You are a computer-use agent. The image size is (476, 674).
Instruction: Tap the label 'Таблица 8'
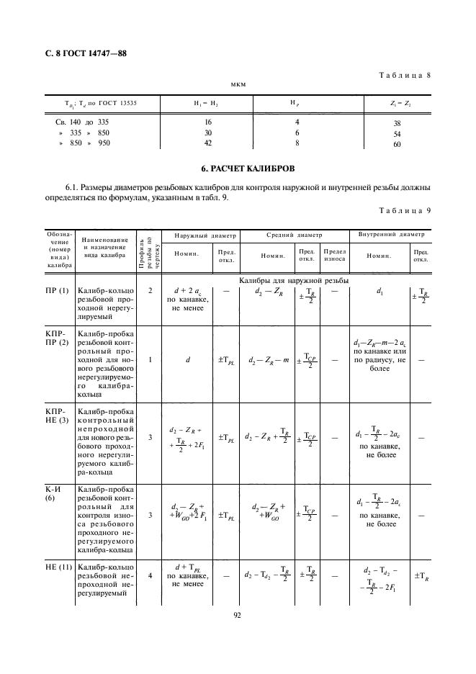[x=404, y=76]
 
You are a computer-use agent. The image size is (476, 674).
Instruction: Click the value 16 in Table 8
[x=208, y=123]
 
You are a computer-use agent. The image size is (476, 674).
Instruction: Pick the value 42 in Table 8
[x=208, y=143]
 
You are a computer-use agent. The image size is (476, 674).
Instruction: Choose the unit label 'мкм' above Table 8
[x=238, y=84]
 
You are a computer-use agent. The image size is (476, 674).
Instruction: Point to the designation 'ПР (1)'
[x=58, y=290]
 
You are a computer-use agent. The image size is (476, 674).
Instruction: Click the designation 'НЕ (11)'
[x=60, y=568]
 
